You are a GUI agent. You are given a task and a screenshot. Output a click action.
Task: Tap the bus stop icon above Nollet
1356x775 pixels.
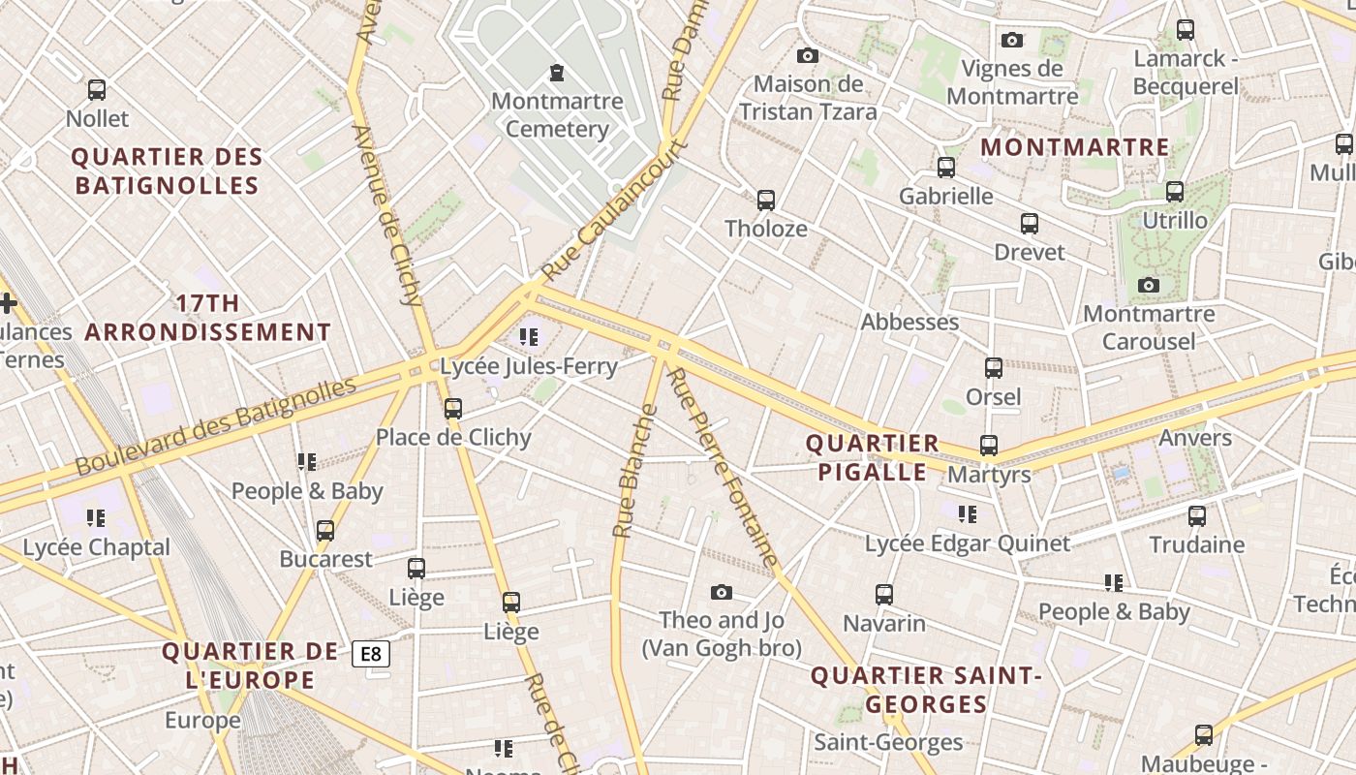pos(97,90)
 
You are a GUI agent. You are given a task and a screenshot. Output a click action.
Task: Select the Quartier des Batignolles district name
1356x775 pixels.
pos(167,170)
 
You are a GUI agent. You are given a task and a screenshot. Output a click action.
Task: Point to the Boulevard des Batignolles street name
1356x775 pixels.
pos(216,427)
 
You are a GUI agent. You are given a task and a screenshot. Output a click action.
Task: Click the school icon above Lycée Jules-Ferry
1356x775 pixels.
pos(529,337)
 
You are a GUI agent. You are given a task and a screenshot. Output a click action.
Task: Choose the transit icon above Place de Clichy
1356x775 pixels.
pos(453,409)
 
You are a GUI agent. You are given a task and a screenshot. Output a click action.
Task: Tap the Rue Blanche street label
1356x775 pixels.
pos(634,471)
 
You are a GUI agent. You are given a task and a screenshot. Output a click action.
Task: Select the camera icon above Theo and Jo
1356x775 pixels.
pos(722,592)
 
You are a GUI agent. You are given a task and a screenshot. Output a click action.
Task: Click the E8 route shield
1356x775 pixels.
pos(371,654)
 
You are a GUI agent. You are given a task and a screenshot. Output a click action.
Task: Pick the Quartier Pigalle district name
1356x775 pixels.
pos(873,457)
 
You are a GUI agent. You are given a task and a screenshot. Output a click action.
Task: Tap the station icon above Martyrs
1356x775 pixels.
pos(989,446)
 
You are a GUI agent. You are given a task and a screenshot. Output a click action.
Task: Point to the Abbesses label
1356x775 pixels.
pos(909,322)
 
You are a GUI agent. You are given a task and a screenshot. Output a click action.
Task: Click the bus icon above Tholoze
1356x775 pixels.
pos(766,201)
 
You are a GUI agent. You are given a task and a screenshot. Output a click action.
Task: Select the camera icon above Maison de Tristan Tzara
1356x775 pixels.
pos(808,56)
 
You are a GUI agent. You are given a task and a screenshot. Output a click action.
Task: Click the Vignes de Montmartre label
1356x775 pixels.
pos(1012,82)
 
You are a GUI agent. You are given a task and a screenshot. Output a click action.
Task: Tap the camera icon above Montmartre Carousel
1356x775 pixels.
pos(1149,285)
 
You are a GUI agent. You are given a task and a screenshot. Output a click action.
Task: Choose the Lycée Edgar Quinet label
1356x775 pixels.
pos(968,543)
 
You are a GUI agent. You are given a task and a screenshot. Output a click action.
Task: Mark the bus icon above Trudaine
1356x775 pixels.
pos(1197,516)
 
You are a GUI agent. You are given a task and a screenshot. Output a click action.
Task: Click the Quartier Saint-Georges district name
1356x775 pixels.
pos(926,690)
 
